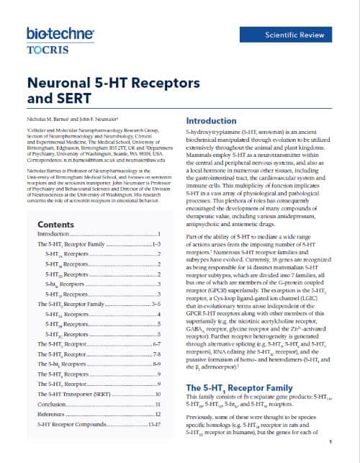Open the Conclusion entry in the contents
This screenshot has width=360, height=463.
[53, 405]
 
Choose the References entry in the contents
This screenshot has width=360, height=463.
[53, 415]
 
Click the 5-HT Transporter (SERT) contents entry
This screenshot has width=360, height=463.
[77, 395]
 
